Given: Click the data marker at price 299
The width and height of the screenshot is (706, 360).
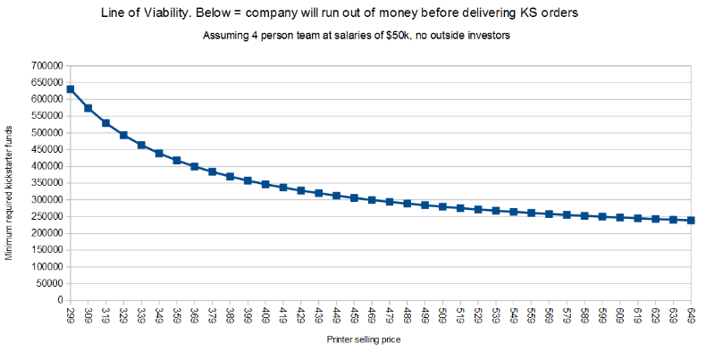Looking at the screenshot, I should [71, 89].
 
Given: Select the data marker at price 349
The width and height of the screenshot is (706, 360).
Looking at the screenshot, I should [159, 154].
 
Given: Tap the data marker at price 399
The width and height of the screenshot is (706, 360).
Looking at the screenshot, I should [248, 180].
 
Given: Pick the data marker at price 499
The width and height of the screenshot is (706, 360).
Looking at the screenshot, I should [424, 205].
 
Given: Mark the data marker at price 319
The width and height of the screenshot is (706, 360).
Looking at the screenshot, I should [105, 122].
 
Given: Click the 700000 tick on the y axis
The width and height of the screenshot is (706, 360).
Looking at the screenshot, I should [44, 66].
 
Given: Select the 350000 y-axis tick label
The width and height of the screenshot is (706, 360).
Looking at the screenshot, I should [44, 183].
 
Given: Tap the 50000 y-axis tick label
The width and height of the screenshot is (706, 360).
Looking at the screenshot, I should [46, 283].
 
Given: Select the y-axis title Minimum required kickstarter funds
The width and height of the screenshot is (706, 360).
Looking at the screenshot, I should [9, 192].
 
